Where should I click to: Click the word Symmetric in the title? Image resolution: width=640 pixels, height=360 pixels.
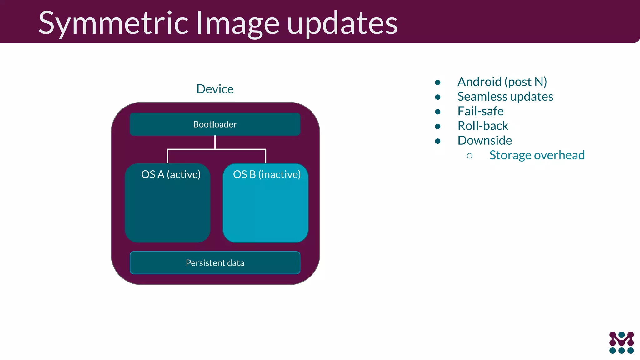[x=113, y=23]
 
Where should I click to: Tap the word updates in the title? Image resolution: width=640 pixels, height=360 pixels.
[x=342, y=23]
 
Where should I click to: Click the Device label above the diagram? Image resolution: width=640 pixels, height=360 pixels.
[x=215, y=89]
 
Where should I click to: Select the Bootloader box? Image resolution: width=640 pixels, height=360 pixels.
[x=215, y=124]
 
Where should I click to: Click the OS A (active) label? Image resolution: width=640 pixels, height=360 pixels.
[x=171, y=174]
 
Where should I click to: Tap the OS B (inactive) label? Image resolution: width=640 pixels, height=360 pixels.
[x=267, y=174]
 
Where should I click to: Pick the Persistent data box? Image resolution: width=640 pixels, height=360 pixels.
[x=215, y=263]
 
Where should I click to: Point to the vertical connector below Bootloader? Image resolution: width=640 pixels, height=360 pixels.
[x=215, y=142]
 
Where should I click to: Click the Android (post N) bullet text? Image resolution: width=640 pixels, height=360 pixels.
[x=502, y=82]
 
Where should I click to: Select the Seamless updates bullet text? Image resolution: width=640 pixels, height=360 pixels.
[x=505, y=97]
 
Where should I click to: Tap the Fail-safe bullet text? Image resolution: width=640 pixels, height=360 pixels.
[x=480, y=111]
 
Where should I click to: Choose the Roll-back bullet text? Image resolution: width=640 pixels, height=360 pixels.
[x=483, y=126]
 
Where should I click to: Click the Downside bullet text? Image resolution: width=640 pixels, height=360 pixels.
[x=485, y=141]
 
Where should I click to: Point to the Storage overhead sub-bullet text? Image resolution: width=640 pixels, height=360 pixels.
[x=537, y=155]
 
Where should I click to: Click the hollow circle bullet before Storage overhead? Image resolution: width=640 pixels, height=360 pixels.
[x=469, y=156]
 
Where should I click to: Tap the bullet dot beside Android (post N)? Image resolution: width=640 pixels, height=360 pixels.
[x=437, y=82]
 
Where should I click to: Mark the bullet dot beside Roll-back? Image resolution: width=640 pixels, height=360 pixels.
[x=437, y=127]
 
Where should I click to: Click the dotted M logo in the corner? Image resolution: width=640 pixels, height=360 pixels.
[x=621, y=343]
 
